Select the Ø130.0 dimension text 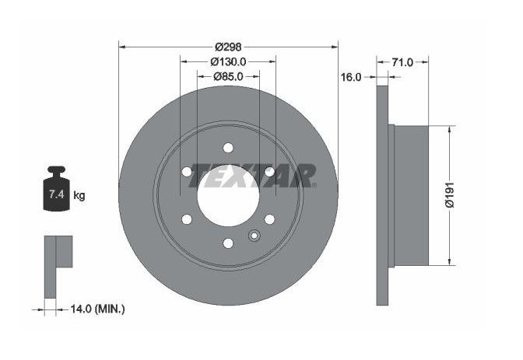point(227,61)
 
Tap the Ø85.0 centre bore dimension point(227,76)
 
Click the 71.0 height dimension point(402,61)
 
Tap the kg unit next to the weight point(79,195)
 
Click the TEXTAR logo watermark point(254,176)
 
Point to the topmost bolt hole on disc point(227,148)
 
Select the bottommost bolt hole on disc point(227,243)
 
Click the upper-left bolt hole point(186,172)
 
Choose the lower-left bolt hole point(186,219)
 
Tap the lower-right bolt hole point(269,219)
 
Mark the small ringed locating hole point(252,237)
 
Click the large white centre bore point(227,196)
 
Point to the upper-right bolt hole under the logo point(269,171)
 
